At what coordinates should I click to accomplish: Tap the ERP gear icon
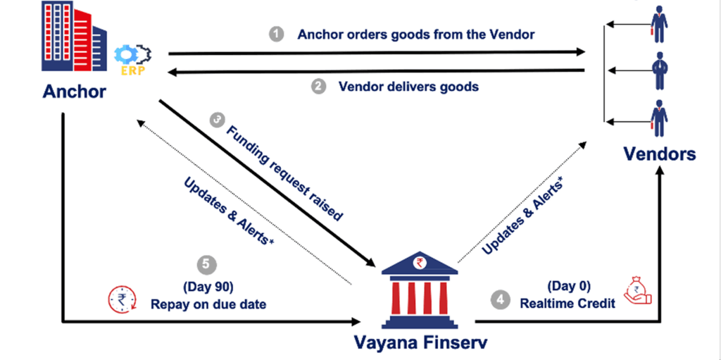(x=131, y=56)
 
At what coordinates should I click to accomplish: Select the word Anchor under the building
(x=75, y=92)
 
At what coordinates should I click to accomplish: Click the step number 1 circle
(x=277, y=34)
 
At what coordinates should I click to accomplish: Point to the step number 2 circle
(x=318, y=87)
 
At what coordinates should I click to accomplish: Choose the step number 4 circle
(x=500, y=299)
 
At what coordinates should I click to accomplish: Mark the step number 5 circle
(x=205, y=265)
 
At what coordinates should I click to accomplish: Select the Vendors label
(x=659, y=154)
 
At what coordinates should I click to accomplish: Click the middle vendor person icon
(x=659, y=70)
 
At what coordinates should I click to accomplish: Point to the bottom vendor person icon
(x=659, y=118)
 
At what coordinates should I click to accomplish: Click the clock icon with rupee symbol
(x=121, y=299)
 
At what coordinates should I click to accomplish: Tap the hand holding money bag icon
(x=637, y=291)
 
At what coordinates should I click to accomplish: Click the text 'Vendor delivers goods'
(x=408, y=87)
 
